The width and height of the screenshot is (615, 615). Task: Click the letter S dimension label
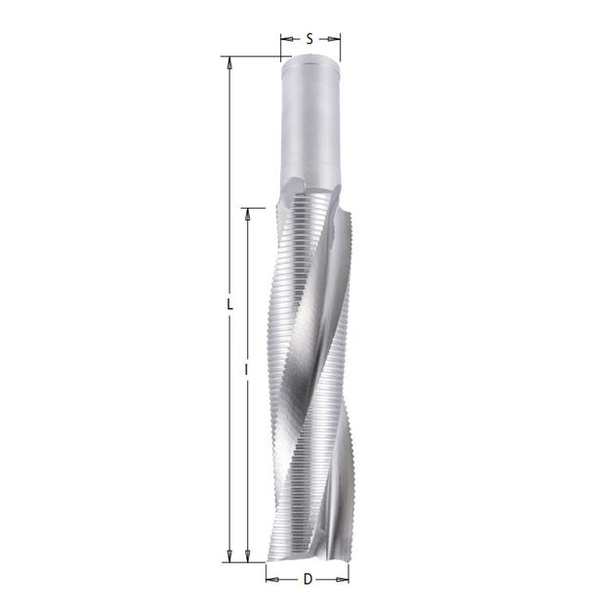pos(309,39)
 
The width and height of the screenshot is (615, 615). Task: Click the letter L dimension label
pos(230,305)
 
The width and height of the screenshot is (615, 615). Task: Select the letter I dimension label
pos(246,369)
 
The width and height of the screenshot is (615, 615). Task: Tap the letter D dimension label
pos(307,579)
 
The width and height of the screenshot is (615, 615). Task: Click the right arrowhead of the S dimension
pos(334,39)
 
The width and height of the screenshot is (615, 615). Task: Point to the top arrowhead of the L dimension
pos(229,63)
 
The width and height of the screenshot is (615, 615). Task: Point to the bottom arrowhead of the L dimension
pos(229,555)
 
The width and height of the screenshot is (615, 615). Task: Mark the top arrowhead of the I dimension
pos(247,214)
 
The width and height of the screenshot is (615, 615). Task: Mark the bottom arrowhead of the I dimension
pos(247,555)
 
